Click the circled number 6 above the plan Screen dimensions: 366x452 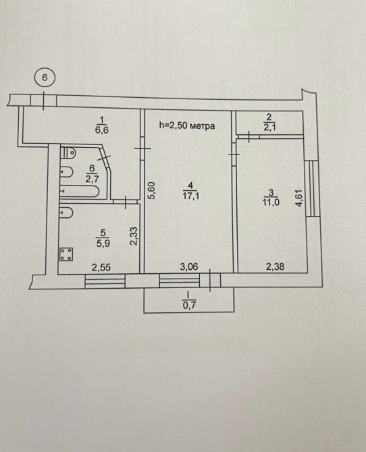(44, 78)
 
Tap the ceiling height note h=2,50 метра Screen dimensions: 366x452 (187, 125)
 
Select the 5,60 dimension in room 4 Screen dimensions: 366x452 (153, 190)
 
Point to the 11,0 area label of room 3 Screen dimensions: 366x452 (271, 202)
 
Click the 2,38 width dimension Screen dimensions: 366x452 (275, 267)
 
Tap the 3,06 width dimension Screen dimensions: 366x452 (189, 267)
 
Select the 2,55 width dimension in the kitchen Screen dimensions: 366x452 (101, 268)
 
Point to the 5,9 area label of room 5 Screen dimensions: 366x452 (103, 244)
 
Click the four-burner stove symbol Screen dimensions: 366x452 (66, 254)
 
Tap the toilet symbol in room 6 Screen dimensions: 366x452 (68, 152)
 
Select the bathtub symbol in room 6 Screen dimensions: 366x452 (80, 192)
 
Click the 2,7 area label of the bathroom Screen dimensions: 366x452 (92, 179)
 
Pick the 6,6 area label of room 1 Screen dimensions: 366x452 (101, 130)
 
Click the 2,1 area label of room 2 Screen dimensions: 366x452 (269, 127)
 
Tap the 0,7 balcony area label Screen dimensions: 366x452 (189, 305)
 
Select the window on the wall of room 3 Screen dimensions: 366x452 (313, 188)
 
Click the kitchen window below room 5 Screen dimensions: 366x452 (105, 281)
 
